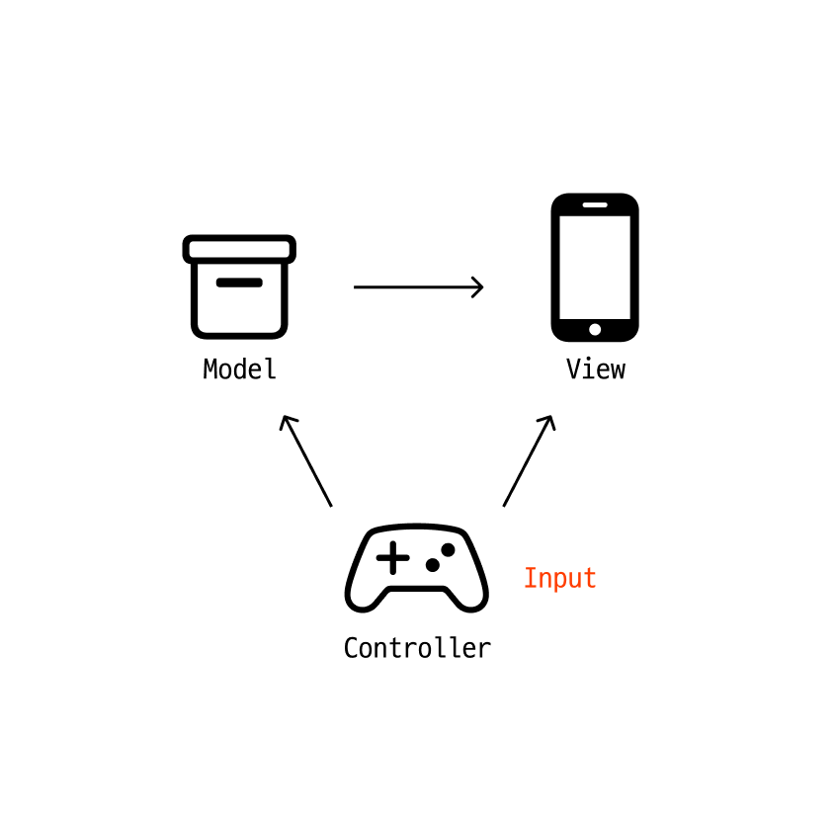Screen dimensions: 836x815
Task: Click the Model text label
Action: point(239,369)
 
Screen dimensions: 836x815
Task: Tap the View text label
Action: point(595,369)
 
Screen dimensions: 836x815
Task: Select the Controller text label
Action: point(416,648)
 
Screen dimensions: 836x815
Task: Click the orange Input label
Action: point(559,578)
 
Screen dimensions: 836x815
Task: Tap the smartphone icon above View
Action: point(595,267)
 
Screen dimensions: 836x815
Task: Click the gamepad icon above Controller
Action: point(416,568)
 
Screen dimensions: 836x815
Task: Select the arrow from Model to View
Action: point(417,287)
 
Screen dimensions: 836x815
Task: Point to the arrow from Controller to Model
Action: point(306,460)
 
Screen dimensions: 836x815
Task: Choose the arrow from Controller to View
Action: point(529,460)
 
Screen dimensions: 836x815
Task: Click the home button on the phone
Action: point(595,329)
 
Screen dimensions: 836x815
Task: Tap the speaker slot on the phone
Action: point(595,204)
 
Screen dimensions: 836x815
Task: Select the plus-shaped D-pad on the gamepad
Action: point(392,558)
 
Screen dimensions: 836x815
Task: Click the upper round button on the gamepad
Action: point(448,549)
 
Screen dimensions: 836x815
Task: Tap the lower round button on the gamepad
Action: point(432,565)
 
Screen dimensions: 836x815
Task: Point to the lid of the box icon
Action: point(239,249)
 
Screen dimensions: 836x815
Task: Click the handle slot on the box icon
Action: point(239,283)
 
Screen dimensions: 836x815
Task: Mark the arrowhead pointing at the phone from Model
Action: point(478,287)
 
